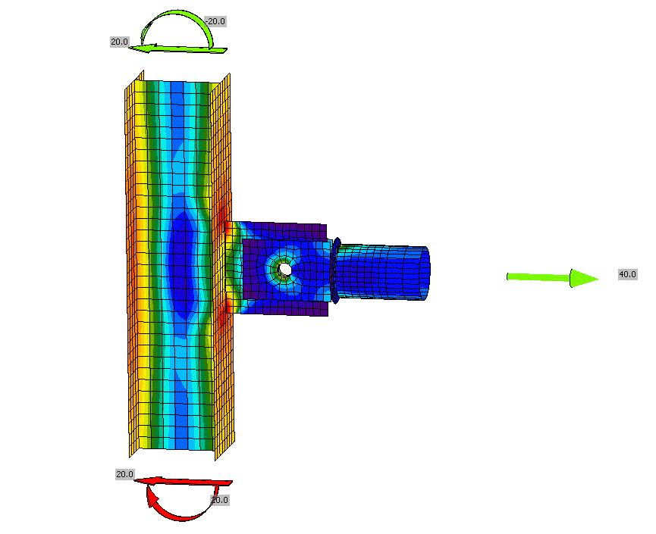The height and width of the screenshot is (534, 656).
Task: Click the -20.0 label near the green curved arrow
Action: pyautogui.click(x=215, y=21)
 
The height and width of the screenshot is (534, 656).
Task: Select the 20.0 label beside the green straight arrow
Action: pyautogui.click(x=120, y=42)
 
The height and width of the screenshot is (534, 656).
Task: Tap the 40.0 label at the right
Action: pyautogui.click(x=627, y=274)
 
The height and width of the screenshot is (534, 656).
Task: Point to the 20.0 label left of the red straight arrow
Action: pyautogui.click(x=124, y=475)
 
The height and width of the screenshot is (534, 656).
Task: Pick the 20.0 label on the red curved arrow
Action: pyautogui.click(x=219, y=500)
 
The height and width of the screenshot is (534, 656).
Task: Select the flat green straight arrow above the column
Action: pyautogui.click(x=177, y=50)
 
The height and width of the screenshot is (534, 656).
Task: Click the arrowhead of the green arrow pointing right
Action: pyautogui.click(x=584, y=278)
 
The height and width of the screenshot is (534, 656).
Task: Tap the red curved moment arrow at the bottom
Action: pyautogui.click(x=180, y=517)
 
